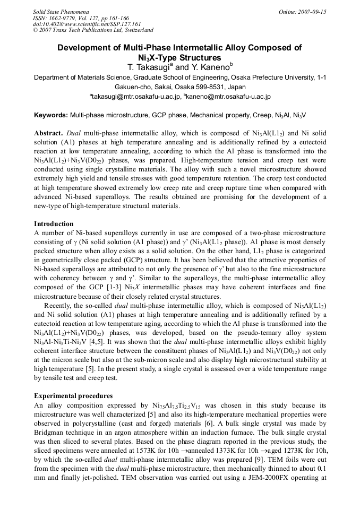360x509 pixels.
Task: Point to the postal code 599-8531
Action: point(209,87)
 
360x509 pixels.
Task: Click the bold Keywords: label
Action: point(51,115)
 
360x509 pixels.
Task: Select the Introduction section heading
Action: point(54,224)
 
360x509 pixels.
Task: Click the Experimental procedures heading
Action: point(73,396)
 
